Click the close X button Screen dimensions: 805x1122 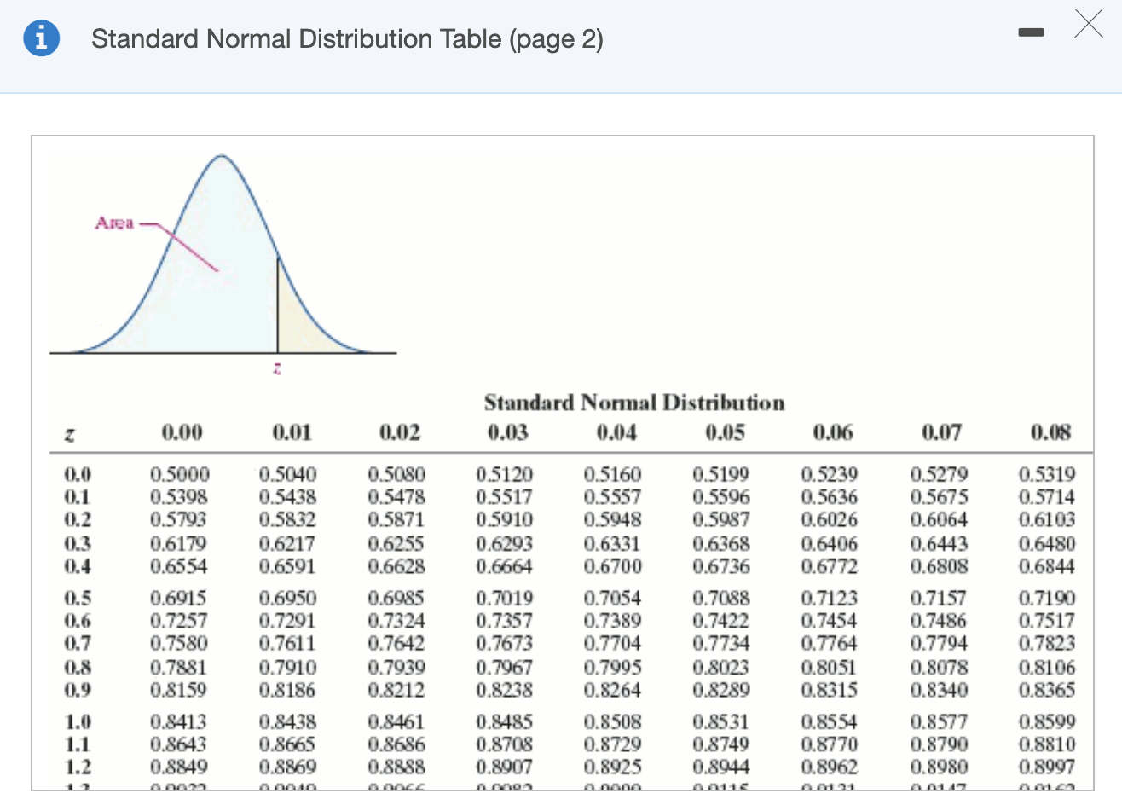[x=1088, y=25]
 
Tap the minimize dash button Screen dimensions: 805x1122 [x=1031, y=32]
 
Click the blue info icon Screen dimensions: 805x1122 [x=41, y=39]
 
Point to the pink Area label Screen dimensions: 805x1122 [x=114, y=223]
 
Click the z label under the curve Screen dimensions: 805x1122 [x=277, y=368]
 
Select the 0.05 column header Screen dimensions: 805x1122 [x=725, y=433]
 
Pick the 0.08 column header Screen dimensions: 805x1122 [x=1050, y=433]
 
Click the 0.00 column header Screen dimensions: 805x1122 [x=182, y=433]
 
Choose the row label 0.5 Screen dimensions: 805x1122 [x=78, y=599]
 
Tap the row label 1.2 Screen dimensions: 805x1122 [x=78, y=767]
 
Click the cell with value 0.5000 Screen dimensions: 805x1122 [x=179, y=474]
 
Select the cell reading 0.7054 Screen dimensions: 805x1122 [x=612, y=599]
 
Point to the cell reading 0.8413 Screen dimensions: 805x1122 [x=179, y=722]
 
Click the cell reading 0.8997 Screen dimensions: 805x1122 [x=1047, y=767]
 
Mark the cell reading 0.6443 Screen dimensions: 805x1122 [x=939, y=543]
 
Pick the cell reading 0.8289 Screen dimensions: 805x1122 [x=721, y=689]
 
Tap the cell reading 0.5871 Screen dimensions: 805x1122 [x=396, y=519]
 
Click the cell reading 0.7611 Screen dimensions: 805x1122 [x=287, y=643]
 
